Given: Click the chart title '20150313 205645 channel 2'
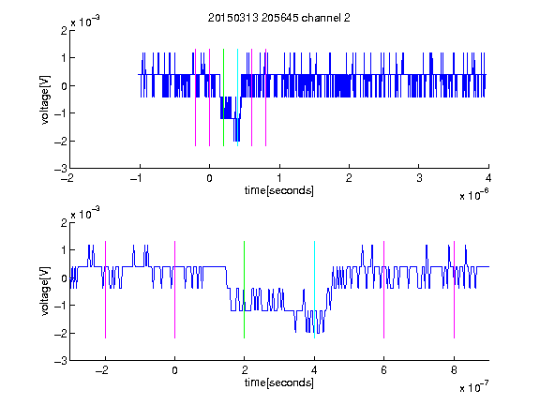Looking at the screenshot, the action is [x=279, y=18].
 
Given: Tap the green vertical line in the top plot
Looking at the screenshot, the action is [x=223, y=97].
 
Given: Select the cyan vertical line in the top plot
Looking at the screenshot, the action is [x=237, y=97].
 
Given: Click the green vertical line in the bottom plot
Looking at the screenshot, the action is [x=244, y=290].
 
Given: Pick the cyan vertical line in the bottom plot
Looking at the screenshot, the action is [x=314, y=290].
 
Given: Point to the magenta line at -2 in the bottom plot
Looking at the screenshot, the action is [x=105, y=290].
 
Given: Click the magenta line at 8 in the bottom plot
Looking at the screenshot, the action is [x=454, y=290].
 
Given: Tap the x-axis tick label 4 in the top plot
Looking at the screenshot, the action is [x=488, y=178].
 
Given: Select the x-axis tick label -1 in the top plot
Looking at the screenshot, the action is [x=136, y=178].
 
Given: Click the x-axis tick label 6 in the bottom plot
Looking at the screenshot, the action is [x=384, y=370].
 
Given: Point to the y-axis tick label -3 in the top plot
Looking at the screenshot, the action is [x=61, y=169].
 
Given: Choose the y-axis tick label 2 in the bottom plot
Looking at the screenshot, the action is [x=64, y=223].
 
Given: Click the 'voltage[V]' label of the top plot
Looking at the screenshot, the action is [x=45, y=100].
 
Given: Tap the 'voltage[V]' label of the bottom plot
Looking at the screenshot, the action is [x=45, y=292].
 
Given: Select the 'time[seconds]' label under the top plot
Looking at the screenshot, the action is [x=279, y=190].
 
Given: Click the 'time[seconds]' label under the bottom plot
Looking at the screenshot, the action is [x=279, y=382].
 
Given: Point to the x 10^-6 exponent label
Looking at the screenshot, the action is [x=473, y=195].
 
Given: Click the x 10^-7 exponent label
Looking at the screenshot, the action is [x=473, y=387].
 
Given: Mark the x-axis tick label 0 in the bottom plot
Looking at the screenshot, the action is [x=174, y=370].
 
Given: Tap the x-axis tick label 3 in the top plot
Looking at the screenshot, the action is [x=419, y=178].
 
